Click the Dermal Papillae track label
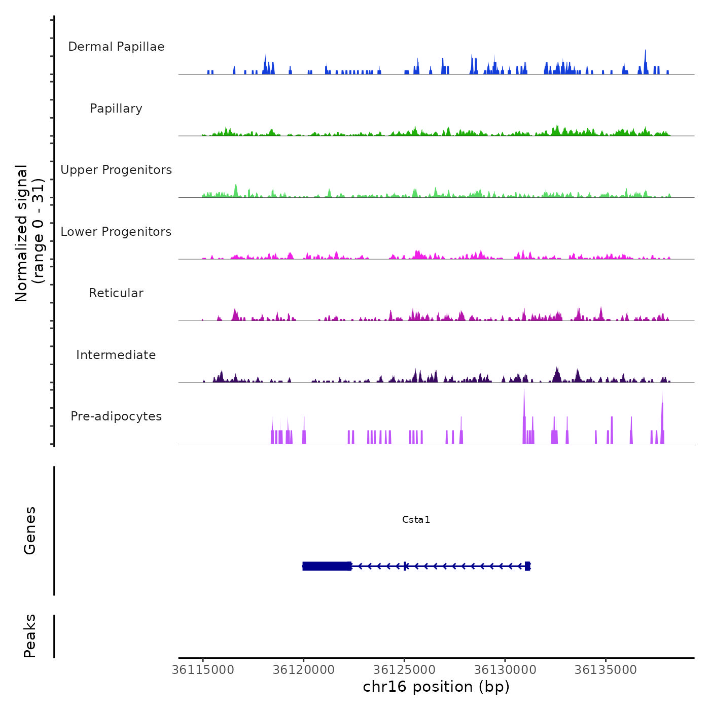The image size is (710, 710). pos(116,47)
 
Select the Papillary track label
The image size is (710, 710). pos(116,109)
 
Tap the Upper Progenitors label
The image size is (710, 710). pos(116,170)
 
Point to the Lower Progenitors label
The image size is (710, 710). pos(116,232)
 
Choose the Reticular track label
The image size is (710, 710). pos(116,293)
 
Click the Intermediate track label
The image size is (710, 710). pos(116,355)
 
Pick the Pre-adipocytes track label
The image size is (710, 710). pos(116,416)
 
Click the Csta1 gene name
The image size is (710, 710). pos(416,519)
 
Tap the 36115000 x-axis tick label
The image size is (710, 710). pos(203,670)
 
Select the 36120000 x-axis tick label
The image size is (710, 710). pos(304,670)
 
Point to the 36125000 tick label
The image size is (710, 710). pos(404,670)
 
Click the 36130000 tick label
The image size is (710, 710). pos(505,670)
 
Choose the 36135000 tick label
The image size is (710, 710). pos(606,670)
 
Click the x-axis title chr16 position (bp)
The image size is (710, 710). pos(436,687)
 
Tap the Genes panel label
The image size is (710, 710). pos(30,530)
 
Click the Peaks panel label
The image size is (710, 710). pos(30,636)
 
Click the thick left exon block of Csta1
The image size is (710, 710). pos(327,566)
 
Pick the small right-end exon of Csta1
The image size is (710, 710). pos(527,566)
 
